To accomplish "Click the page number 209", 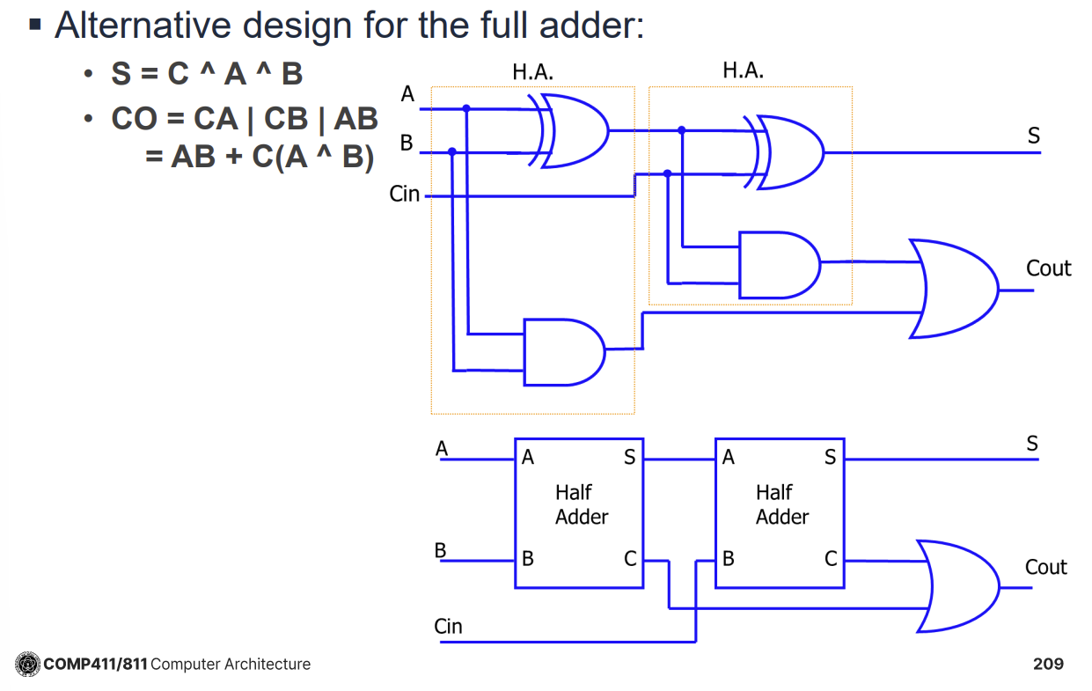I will click(1048, 664).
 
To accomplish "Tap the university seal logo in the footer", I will click(27, 664).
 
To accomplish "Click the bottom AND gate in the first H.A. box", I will click(563, 351).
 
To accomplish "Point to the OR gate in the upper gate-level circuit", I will click(954, 288).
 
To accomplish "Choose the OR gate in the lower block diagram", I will click(959, 586).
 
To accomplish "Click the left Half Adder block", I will click(579, 512).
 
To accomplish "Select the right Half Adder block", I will click(780, 512).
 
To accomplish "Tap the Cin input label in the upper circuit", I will click(405, 194).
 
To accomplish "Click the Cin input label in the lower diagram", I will click(448, 627).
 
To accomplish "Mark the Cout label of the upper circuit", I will click(1048, 268).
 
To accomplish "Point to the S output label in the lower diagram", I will click(1032, 444).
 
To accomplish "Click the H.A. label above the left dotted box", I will click(532, 72).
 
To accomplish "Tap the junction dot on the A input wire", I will click(466, 109).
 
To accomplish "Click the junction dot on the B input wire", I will click(452, 151).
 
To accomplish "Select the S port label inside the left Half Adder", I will click(629, 457).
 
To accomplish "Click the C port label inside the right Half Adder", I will click(830, 558).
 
